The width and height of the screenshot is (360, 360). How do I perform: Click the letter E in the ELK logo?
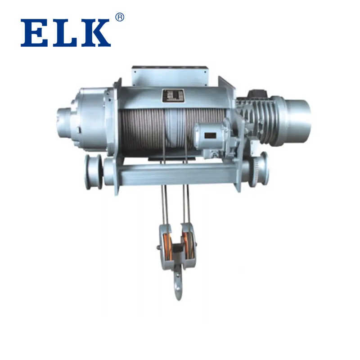point(33,33)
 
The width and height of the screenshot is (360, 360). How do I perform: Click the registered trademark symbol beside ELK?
point(119,17)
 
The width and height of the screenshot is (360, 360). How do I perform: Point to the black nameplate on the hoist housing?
point(173,95)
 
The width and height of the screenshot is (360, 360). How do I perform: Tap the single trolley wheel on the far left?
point(93,171)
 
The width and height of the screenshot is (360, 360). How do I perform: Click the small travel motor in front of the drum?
point(210,137)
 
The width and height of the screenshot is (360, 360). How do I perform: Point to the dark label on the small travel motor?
point(210,135)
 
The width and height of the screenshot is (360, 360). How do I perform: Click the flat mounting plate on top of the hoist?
point(170,76)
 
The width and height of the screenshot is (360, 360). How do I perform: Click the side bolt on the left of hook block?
point(158,247)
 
